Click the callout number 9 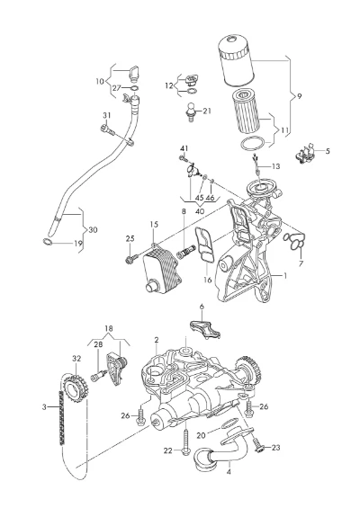(x=299, y=96)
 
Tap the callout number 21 (x=207, y=111)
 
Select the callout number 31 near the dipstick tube (x=107, y=115)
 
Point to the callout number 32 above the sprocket (x=76, y=359)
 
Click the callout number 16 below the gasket (x=208, y=280)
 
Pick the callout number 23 (x=275, y=448)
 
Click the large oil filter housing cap (x=236, y=61)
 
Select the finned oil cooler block (x=161, y=268)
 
